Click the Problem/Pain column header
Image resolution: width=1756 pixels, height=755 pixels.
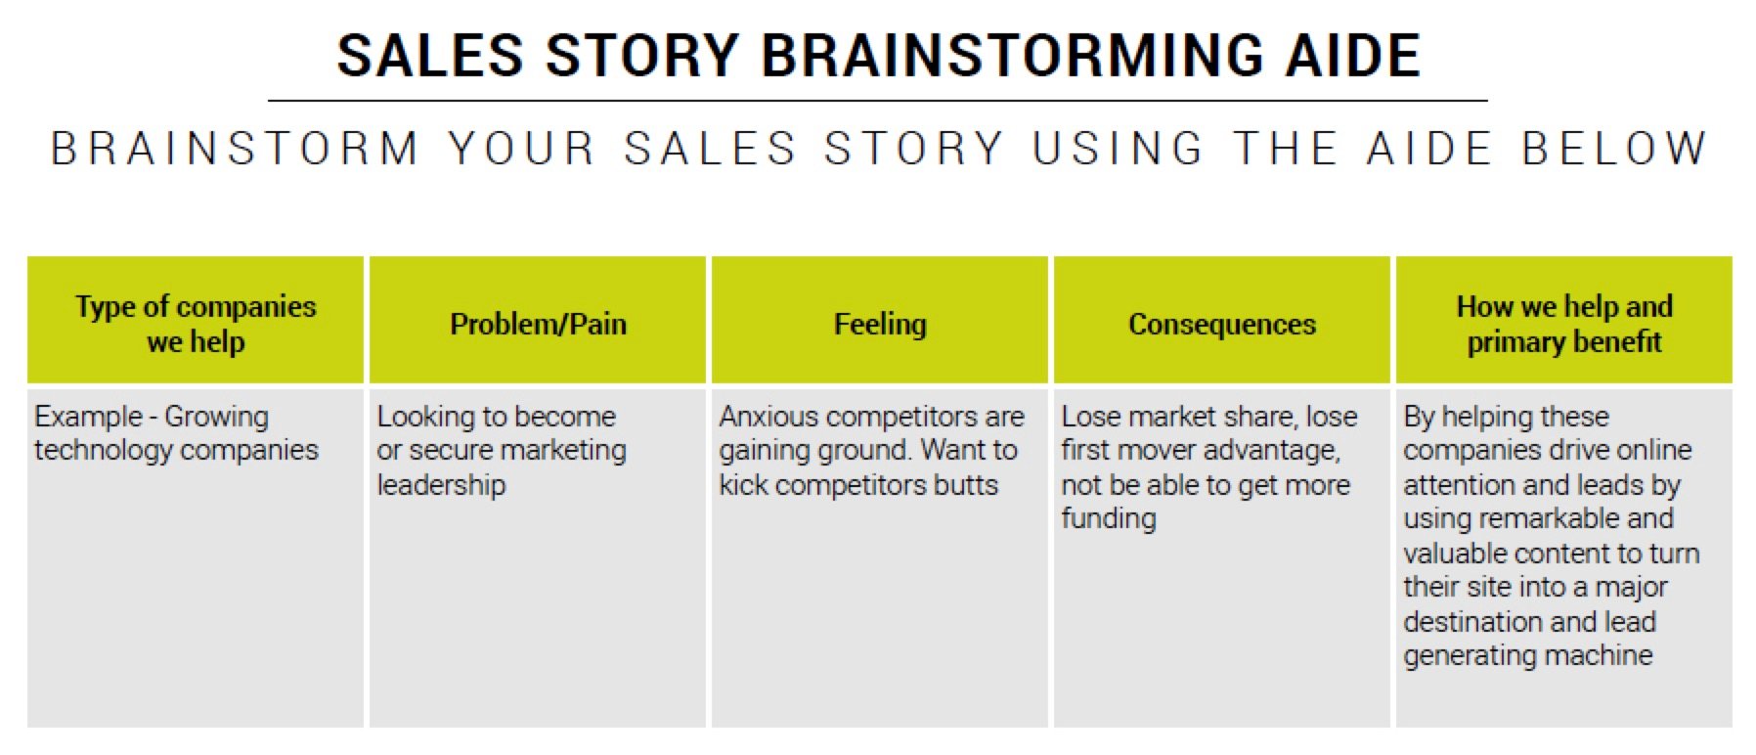[538, 324]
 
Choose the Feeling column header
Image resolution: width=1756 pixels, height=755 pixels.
[880, 324]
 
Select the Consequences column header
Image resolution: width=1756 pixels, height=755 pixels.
[1222, 324]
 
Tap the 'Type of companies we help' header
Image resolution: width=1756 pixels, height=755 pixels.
[196, 324]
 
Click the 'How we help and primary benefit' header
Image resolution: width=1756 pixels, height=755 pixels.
[1564, 324]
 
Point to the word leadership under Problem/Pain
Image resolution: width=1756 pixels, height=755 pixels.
[441, 485]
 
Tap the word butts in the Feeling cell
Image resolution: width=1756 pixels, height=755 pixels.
[966, 485]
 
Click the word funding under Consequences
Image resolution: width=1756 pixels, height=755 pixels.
[1109, 519]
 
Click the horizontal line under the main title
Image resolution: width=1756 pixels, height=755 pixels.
[878, 100]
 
